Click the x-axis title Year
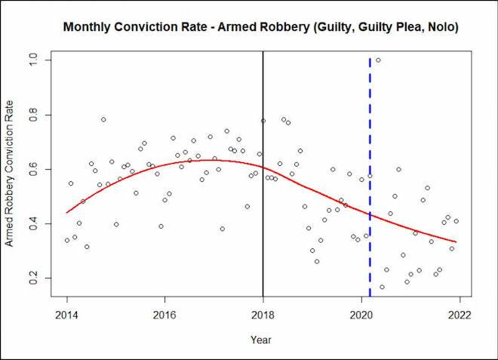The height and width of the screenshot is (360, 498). pos(263,340)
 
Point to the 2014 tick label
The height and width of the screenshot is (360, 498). pos(67,315)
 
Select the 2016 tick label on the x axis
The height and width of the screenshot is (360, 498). pos(164,315)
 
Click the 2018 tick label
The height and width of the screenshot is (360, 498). pos(263,315)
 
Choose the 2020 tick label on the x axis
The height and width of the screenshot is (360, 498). pos(361,315)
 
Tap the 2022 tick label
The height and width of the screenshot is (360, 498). pos(459,315)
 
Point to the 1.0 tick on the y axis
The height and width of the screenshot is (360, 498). pos(34,60)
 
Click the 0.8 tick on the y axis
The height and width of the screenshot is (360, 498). pos(34,115)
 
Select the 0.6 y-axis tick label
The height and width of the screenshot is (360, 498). pos(34,170)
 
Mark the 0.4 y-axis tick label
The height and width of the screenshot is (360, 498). pos(34,224)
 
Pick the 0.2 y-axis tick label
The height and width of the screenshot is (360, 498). pos(34,278)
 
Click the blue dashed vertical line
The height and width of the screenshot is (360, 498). pos(370,136)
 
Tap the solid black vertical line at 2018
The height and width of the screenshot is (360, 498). pos(263,226)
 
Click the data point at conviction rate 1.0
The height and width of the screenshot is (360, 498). pos(378,60)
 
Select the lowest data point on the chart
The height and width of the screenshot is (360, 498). pos(382,287)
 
